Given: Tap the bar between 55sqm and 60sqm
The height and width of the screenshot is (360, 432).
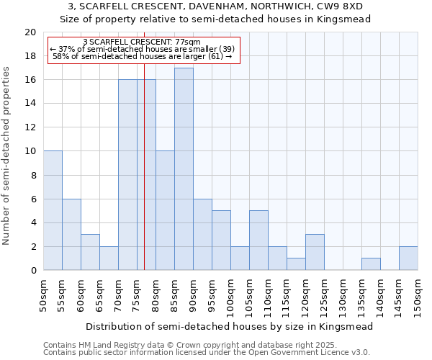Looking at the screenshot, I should point(71,234).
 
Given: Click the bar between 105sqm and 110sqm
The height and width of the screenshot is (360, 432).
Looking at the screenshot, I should point(258,240).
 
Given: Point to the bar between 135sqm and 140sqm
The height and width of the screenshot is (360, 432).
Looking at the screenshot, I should point(371,264).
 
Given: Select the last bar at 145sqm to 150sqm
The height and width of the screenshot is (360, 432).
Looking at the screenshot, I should point(408,258).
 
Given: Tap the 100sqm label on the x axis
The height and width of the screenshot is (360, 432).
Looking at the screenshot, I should point(230,295).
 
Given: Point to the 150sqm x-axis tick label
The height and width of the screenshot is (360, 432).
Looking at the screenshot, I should point(418,295).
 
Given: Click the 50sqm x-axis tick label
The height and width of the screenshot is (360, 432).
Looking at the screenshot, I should point(43,295).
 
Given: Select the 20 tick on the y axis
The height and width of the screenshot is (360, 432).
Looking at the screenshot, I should point(30,32).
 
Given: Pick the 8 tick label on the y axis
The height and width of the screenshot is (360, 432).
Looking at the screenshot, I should point(33,175).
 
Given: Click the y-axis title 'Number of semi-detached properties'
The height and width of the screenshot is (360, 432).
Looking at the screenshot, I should point(7,156).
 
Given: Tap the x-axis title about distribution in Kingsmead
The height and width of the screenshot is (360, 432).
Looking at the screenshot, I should point(230,326).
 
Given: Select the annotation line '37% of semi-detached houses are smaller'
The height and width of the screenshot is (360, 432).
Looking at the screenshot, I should point(143,48).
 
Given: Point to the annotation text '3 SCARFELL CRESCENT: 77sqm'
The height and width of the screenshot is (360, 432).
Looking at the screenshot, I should point(142,42).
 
